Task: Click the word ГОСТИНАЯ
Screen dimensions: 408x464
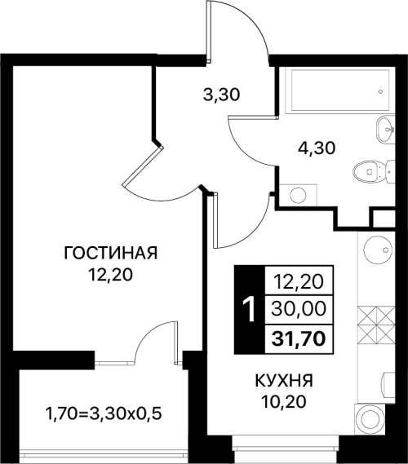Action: click(x=111, y=254)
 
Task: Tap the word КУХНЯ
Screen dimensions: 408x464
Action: click(x=284, y=381)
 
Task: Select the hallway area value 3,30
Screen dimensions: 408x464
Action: click(x=221, y=95)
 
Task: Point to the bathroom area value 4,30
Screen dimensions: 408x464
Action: click(x=317, y=148)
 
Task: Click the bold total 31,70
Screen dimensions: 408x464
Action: click(x=299, y=339)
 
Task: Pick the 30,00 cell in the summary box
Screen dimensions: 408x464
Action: click(x=299, y=310)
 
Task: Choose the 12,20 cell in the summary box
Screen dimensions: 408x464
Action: click(x=299, y=281)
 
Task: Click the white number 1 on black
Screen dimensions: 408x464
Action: click(x=249, y=310)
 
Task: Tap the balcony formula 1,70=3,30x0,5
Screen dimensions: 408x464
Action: click(x=104, y=413)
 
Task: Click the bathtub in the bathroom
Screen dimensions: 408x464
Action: click(x=340, y=91)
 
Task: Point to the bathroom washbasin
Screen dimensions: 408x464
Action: click(x=385, y=130)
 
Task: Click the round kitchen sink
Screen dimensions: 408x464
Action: click(x=377, y=250)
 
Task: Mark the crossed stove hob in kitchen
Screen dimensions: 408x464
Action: click(x=376, y=325)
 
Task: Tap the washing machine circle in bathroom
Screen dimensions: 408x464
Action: click(x=298, y=195)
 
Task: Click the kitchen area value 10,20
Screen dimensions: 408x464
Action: click(x=283, y=401)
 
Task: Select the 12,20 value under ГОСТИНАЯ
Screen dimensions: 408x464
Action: click(x=110, y=276)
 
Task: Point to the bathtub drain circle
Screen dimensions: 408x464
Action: click(x=381, y=91)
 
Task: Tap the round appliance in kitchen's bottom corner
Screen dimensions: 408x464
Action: click(x=370, y=419)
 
